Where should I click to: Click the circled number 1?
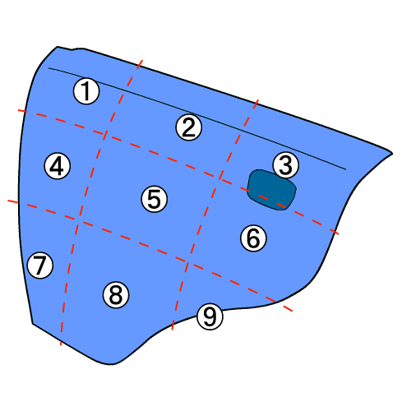[86, 91]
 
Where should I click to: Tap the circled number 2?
[189, 127]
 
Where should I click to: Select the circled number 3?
[286, 165]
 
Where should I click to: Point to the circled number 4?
[58, 166]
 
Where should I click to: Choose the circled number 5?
[155, 199]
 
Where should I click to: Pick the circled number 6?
[253, 238]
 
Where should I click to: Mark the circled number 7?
[40, 266]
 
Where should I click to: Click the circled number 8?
[116, 295]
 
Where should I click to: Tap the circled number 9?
[210, 316]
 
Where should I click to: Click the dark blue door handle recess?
[272, 190]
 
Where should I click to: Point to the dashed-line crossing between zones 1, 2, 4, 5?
[104, 134]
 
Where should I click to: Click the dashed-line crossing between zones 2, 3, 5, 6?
[220, 178]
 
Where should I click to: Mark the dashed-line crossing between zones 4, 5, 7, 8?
[77, 220]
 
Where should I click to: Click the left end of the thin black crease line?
[48, 68]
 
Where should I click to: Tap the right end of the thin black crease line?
[346, 169]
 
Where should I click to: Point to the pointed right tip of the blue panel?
[392, 154]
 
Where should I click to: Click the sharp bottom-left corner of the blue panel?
[32, 324]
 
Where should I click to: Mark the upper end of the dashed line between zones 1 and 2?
[142, 60]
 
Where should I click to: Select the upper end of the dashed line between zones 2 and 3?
[258, 100]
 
